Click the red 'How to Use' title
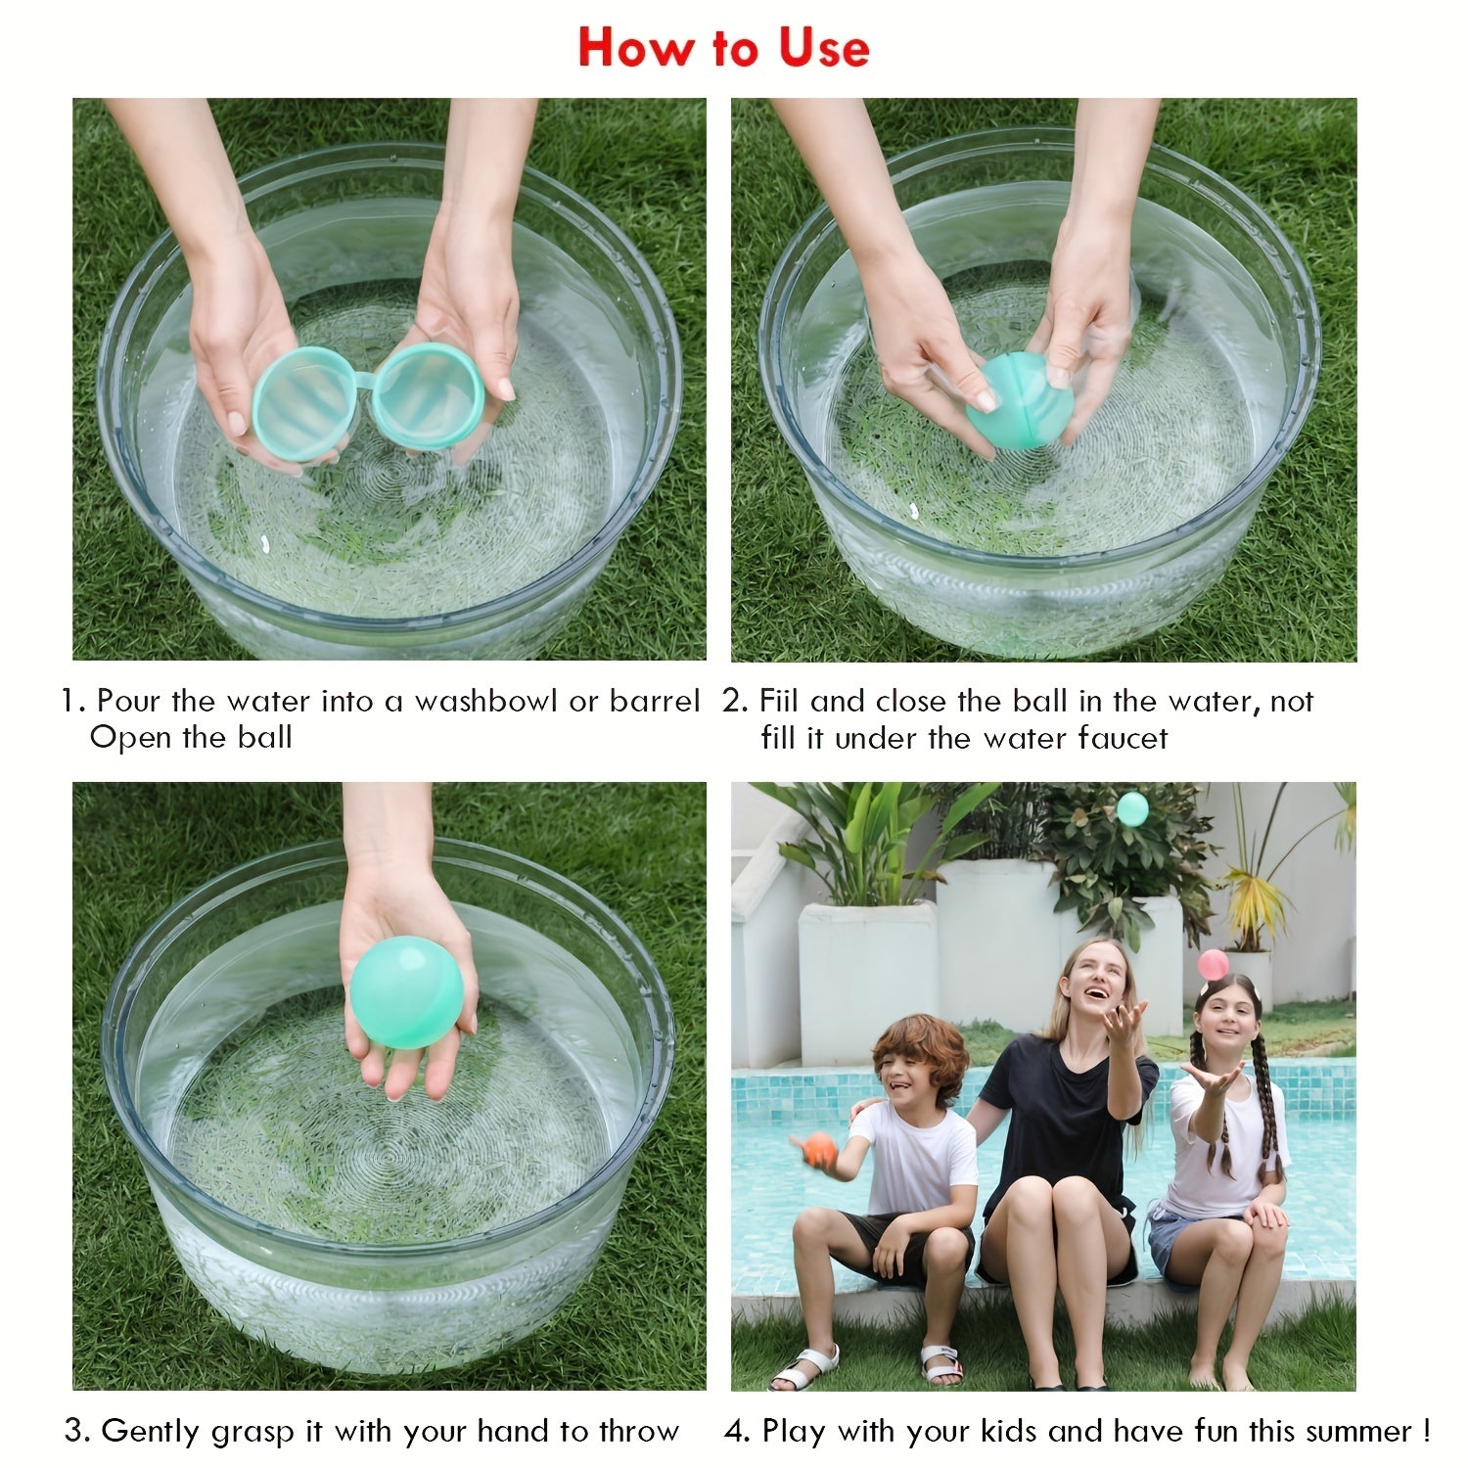tap(723, 47)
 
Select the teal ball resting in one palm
tap(406, 991)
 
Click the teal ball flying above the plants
tap(1132, 808)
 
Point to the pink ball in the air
tap(1213, 965)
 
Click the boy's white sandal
tap(804, 1367)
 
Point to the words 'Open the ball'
tap(191, 738)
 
